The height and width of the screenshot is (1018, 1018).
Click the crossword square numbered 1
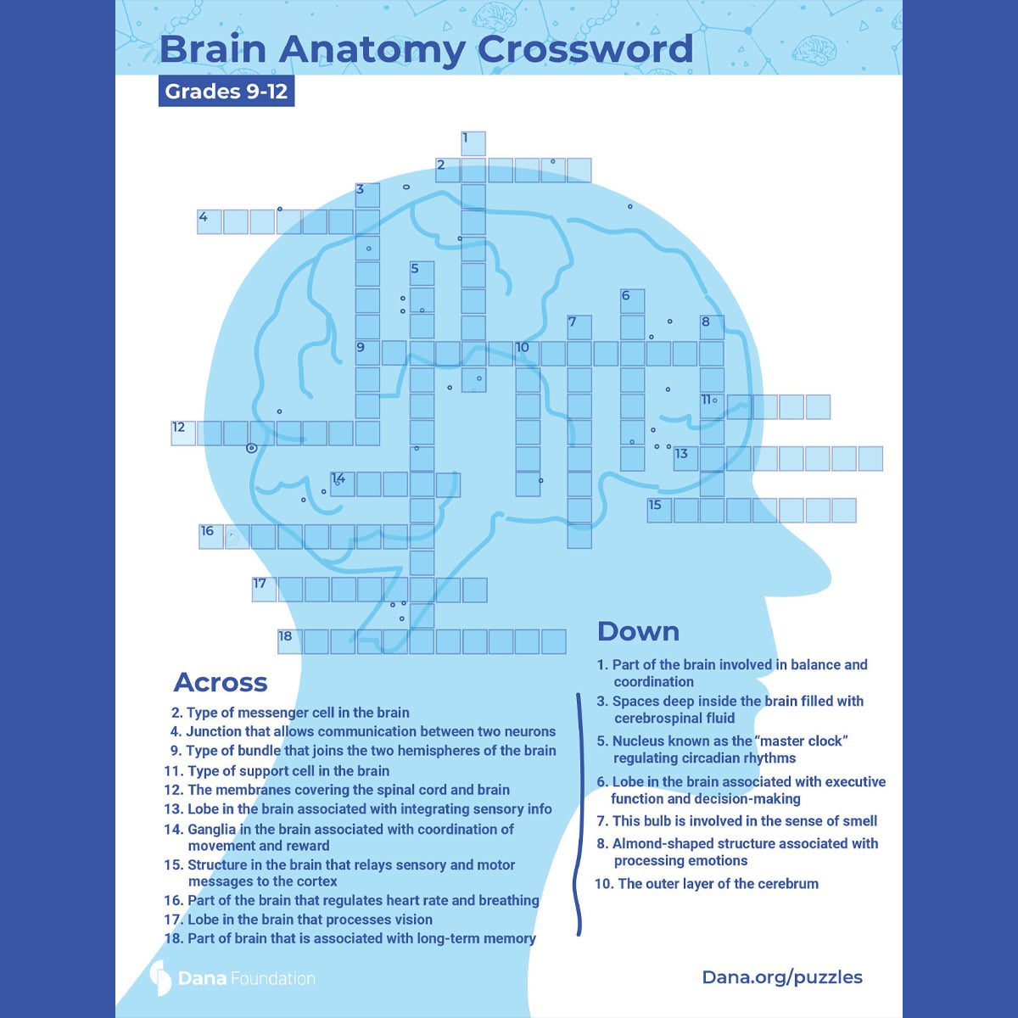(473, 143)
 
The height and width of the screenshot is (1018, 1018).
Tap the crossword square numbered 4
(210, 222)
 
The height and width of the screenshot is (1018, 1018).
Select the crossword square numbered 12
(183, 433)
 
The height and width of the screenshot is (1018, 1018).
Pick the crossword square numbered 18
(290, 641)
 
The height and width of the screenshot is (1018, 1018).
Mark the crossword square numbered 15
(660, 511)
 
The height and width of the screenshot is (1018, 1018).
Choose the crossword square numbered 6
(632, 301)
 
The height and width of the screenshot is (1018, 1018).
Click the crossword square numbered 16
(210, 537)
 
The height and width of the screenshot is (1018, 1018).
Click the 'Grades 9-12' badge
(227, 92)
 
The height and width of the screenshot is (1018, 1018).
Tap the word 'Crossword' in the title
(585, 49)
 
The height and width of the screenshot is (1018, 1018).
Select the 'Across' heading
(221, 682)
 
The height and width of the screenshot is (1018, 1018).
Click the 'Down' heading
(638, 632)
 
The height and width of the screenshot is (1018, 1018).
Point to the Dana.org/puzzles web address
(782, 977)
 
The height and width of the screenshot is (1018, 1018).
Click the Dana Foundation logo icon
(160, 978)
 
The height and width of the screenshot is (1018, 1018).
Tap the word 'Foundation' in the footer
(273, 978)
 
